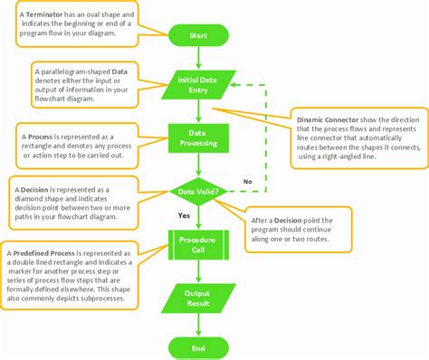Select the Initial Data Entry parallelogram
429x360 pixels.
coord(196,84)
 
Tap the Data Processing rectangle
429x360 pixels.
coord(196,138)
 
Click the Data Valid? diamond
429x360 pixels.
coord(196,192)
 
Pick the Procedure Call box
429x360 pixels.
coord(196,244)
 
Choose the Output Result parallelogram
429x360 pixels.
coord(196,298)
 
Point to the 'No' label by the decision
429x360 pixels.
coord(247,182)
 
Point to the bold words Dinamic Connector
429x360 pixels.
coord(329,119)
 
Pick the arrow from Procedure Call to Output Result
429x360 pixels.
coord(196,271)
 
